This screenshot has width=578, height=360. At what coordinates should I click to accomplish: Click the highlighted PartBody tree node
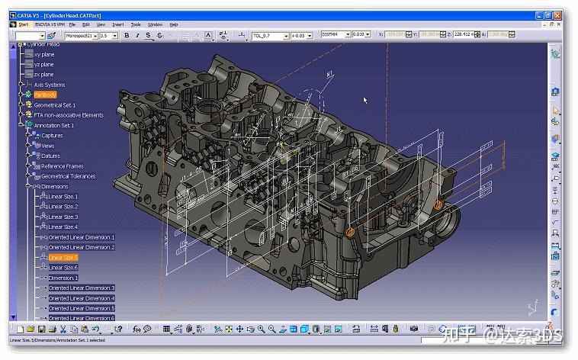coord(45,95)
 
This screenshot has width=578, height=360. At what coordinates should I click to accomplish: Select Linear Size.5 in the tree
coord(63,257)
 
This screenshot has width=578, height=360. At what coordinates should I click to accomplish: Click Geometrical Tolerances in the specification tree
coord(69,176)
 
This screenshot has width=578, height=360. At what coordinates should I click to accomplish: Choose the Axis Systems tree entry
coord(49,85)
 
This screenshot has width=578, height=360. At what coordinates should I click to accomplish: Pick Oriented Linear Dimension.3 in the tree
coord(81,288)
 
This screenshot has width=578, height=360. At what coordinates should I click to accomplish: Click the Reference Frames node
coord(63,166)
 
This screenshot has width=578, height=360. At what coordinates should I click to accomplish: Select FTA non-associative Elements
coord(69,115)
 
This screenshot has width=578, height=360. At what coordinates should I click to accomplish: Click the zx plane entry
coord(43,74)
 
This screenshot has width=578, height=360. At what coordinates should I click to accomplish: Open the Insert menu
coord(118,24)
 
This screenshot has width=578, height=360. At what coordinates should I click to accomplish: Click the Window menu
coord(155,24)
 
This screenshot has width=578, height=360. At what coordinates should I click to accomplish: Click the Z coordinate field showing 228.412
coord(461,35)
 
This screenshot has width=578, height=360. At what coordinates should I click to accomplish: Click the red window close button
coord(567,14)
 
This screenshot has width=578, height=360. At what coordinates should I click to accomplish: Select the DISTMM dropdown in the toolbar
coord(335,35)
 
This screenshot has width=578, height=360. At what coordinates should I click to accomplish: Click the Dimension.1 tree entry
coord(63,278)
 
